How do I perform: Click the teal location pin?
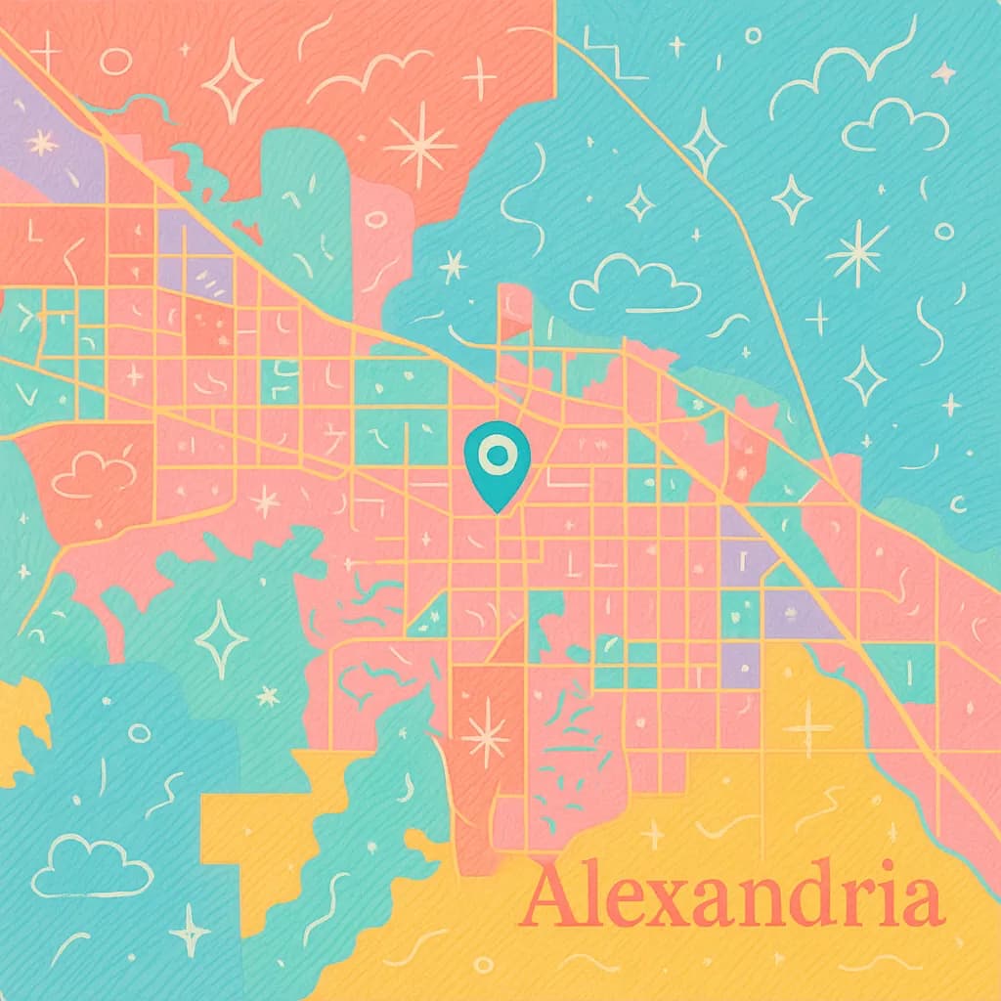[497, 463]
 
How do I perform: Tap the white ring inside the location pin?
[497, 454]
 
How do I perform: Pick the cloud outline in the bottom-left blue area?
[92, 864]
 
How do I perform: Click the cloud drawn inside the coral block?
[94, 474]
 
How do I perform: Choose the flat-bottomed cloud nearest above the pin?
[635, 283]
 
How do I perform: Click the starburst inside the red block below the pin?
[485, 735]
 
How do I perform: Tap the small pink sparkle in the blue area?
[943, 71]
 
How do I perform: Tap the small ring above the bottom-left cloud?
[139, 732]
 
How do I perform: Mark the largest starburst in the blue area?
[856, 253]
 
